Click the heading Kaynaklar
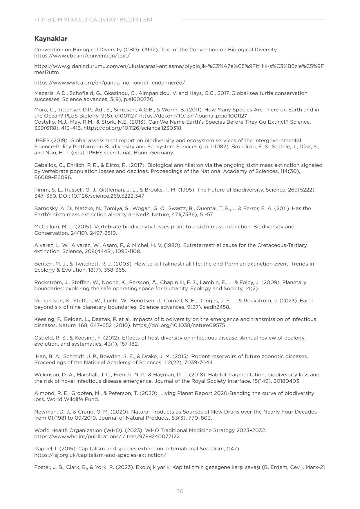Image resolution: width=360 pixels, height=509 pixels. coord(51,39)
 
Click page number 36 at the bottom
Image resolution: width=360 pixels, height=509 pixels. coord(180,491)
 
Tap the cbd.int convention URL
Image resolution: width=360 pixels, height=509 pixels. coord(82,56)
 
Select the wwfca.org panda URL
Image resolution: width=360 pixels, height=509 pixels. coord(109,83)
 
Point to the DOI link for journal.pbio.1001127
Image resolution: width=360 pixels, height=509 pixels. coord(193,116)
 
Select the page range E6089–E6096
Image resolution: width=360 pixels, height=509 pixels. coord(53,177)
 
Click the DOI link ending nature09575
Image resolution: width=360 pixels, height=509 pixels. coord(179,325)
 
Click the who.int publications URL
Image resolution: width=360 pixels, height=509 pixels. coord(107,436)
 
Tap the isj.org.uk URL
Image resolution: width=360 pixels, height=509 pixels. coord(100,455)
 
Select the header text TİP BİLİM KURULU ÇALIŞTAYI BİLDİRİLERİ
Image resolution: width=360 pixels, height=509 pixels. coord(94,20)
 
